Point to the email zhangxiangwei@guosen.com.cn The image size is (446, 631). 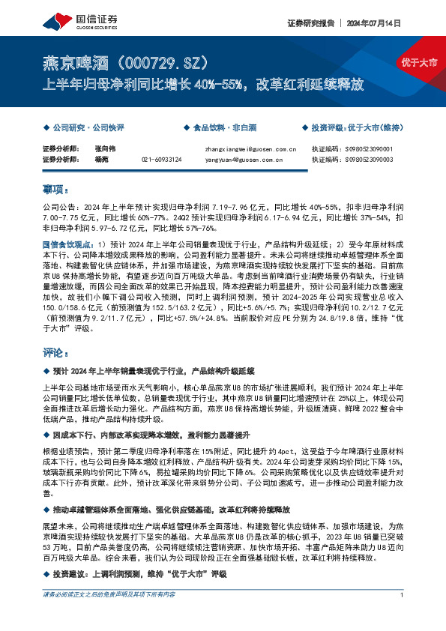[250, 149]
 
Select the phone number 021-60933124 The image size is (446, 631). [161, 159]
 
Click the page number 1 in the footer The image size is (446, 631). [403, 615]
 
